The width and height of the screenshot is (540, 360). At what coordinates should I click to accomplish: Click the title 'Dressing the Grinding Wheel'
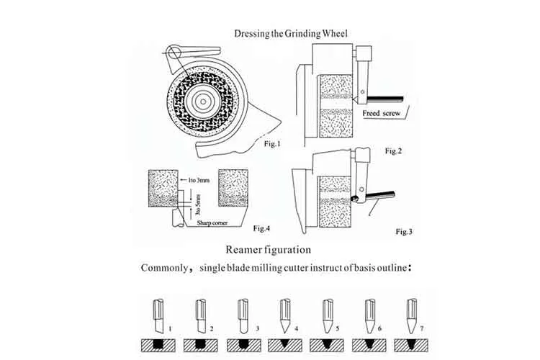[291, 34]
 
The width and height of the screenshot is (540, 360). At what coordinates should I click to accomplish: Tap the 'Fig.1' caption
[272, 144]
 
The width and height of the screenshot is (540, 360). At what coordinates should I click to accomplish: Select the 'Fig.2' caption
[393, 151]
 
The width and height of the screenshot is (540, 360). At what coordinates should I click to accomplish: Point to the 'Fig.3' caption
[404, 232]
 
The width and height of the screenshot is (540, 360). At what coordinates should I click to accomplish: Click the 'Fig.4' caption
[262, 228]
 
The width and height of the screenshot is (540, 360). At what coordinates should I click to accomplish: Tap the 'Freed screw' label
[381, 113]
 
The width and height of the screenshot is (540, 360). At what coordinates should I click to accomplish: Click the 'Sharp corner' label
[212, 223]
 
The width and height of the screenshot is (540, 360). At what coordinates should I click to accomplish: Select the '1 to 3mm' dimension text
[199, 180]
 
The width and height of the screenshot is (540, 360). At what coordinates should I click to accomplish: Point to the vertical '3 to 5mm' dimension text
[198, 204]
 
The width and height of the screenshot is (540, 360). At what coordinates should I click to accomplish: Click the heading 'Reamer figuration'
[269, 249]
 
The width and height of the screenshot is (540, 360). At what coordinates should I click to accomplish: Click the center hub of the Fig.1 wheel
[203, 102]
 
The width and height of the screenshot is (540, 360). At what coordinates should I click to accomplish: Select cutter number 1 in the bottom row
[158, 316]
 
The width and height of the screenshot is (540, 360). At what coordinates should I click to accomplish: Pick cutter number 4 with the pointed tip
[285, 316]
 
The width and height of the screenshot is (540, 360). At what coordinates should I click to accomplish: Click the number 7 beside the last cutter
[422, 328]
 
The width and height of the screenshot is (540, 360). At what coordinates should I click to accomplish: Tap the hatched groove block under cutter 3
[244, 345]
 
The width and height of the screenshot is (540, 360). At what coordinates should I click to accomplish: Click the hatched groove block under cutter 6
[369, 345]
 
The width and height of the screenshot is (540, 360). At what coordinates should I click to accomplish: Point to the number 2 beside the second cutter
[212, 328]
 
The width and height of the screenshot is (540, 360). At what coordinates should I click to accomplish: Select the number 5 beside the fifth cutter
[338, 328]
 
